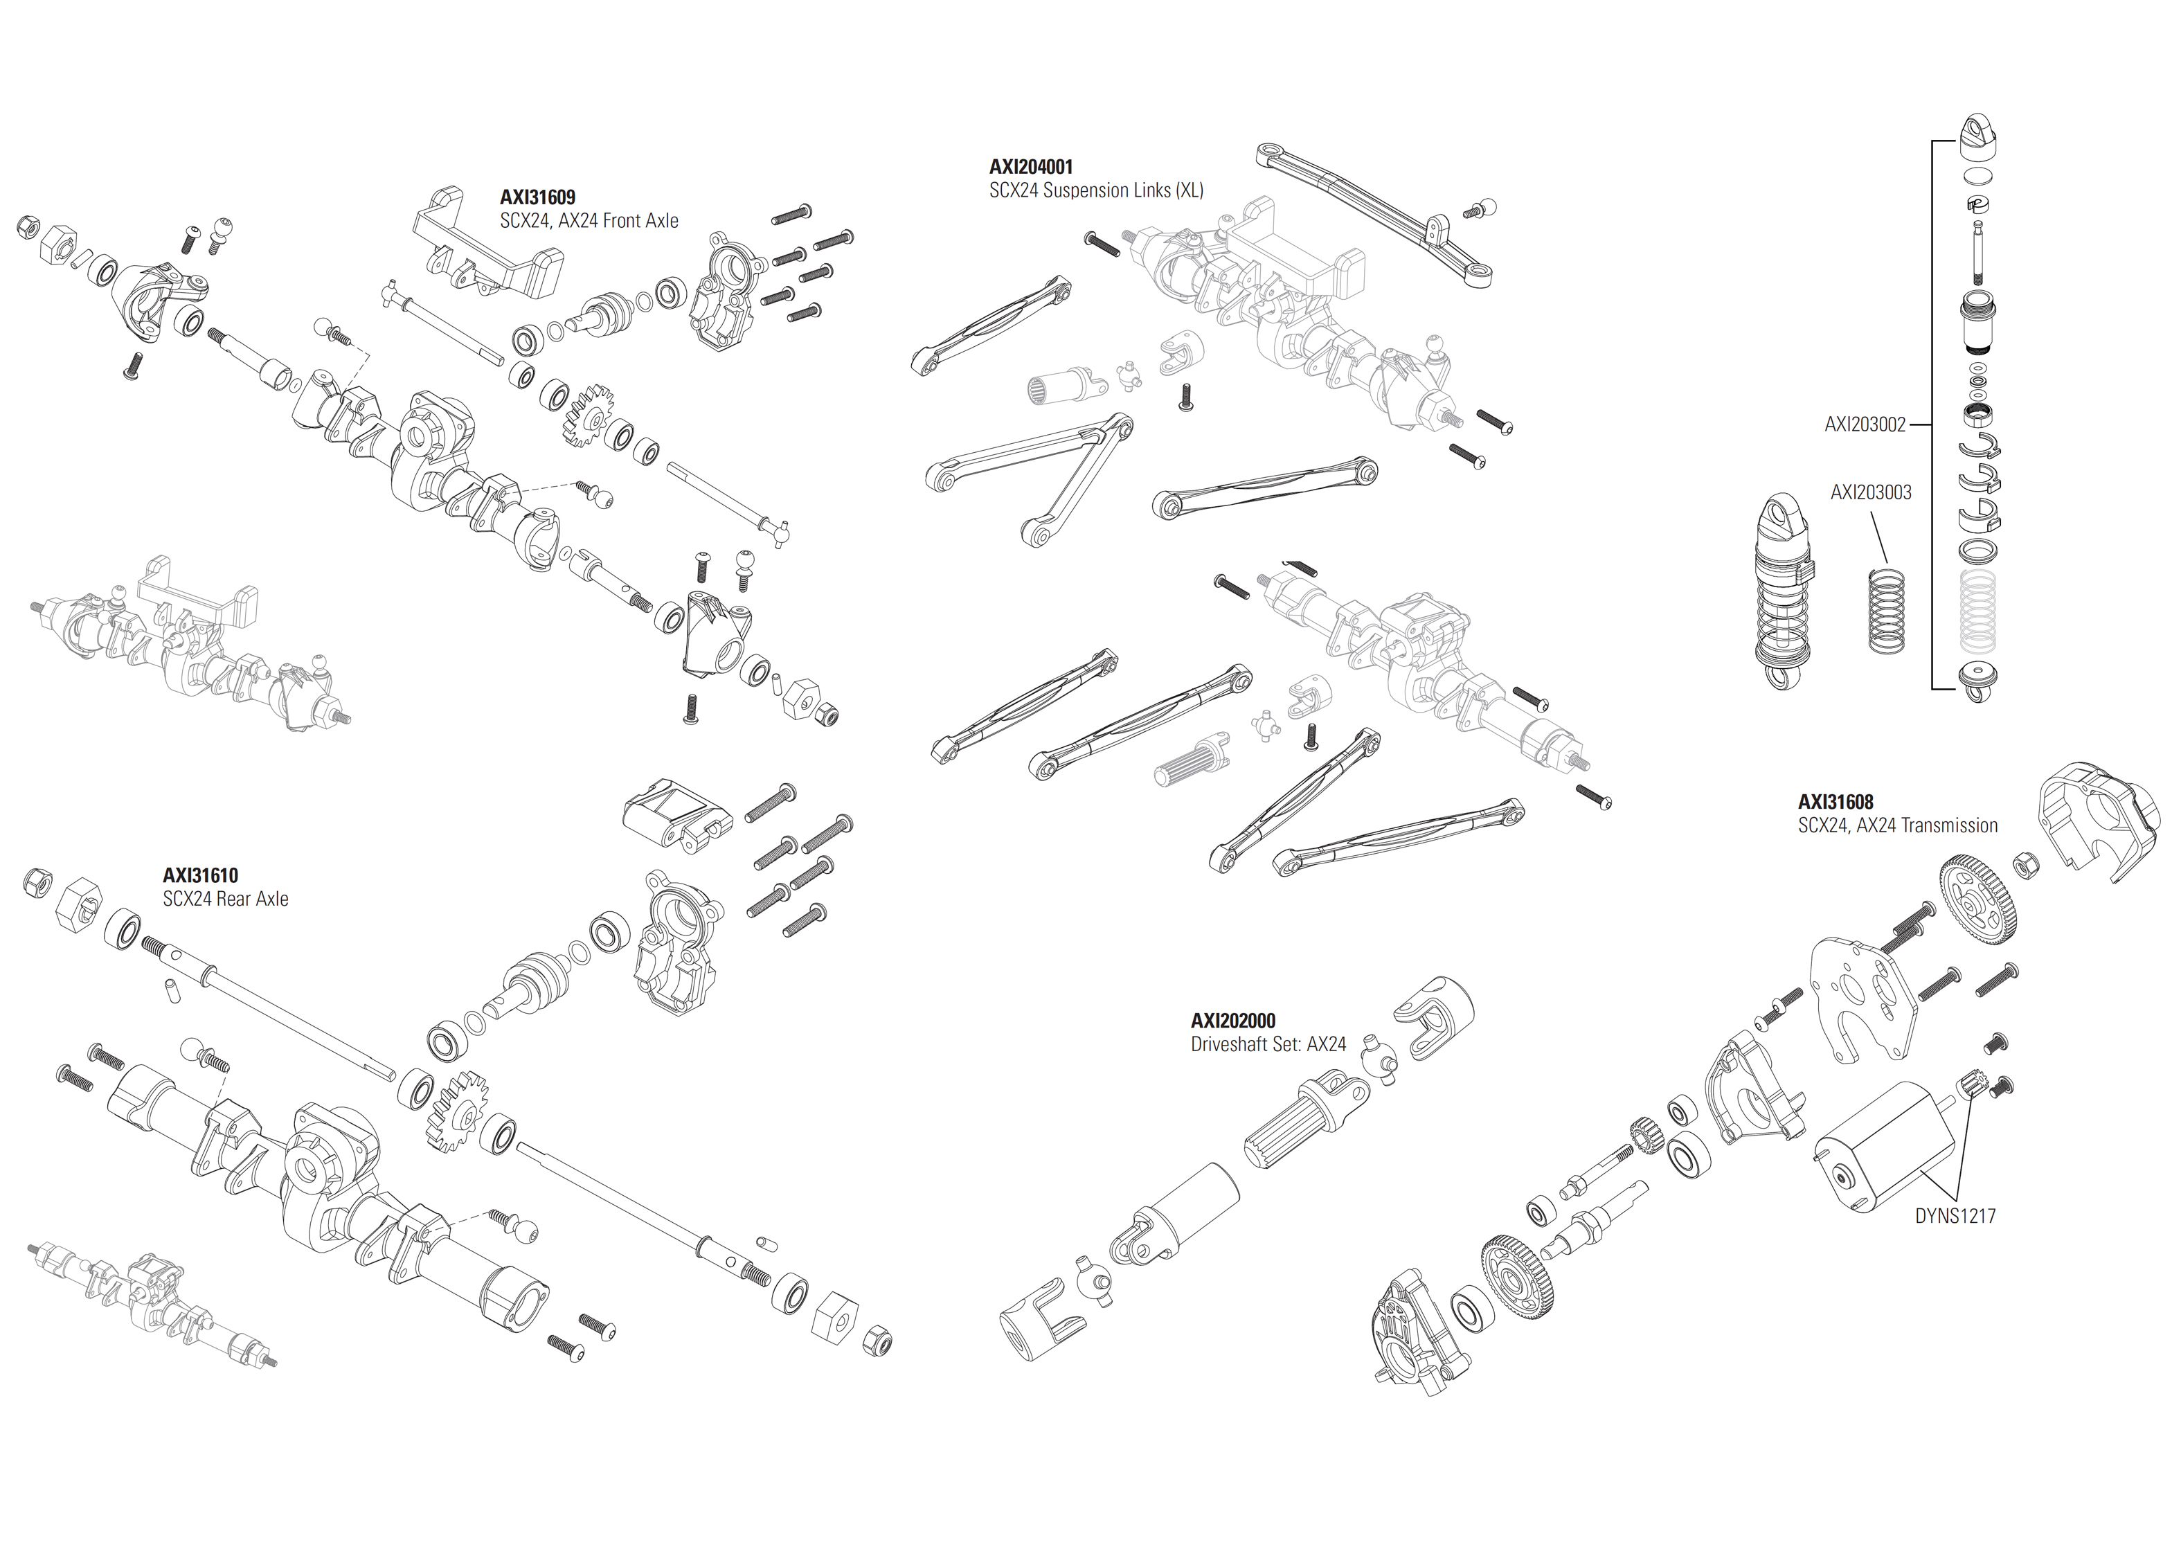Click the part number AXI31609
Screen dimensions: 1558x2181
(537, 197)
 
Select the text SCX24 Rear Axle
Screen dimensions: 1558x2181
(226, 899)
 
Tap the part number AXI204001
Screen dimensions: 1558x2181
(1031, 167)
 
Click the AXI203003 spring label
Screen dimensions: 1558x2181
(1870, 492)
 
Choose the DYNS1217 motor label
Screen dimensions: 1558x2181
(1955, 1217)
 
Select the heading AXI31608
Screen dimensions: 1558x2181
(1835, 802)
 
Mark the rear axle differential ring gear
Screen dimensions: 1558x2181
(456, 1110)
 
